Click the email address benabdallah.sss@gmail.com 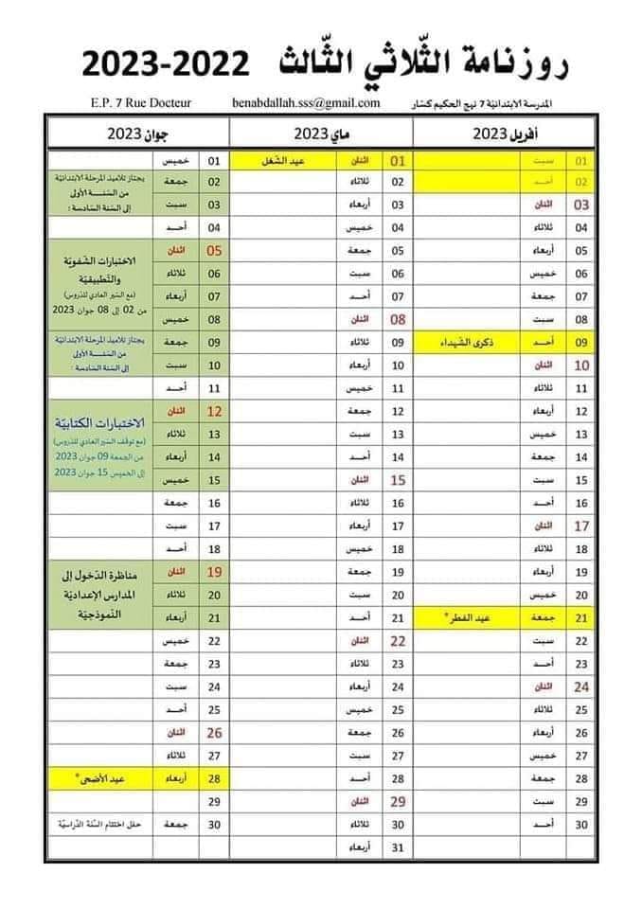[x=306, y=102]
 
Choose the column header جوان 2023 [x=140, y=132]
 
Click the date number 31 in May [x=398, y=847]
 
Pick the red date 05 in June [x=214, y=251]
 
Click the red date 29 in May [x=398, y=801]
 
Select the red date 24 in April [x=581, y=686]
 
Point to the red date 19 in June [x=214, y=572]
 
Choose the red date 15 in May [x=398, y=480]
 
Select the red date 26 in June [x=214, y=732]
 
